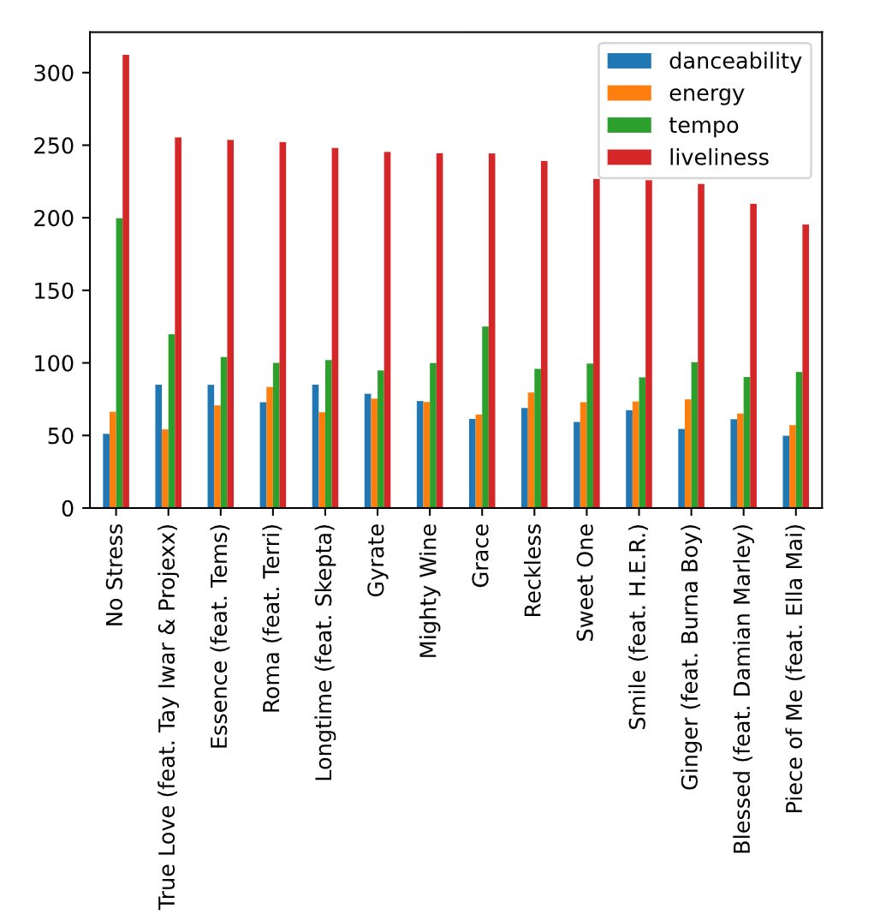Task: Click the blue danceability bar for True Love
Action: tap(158, 446)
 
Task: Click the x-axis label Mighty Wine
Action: tap(429, 592)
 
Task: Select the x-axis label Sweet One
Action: tap(586, 583)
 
